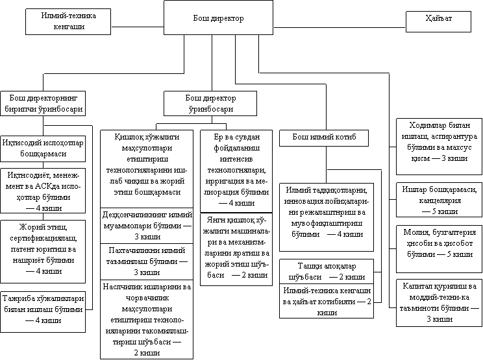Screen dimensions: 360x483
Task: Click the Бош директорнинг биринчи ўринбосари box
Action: tap(43, 103)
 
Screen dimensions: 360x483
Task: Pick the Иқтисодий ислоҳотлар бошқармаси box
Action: tap(43, 148)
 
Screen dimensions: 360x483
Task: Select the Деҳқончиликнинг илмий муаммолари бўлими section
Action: tap(146, 224)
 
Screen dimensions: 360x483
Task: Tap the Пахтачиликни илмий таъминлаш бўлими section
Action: tap(146, 261)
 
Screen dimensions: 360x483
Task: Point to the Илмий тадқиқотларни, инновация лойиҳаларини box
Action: tap(326, 211)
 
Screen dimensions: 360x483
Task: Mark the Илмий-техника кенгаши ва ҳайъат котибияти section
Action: tap(326, 302)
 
